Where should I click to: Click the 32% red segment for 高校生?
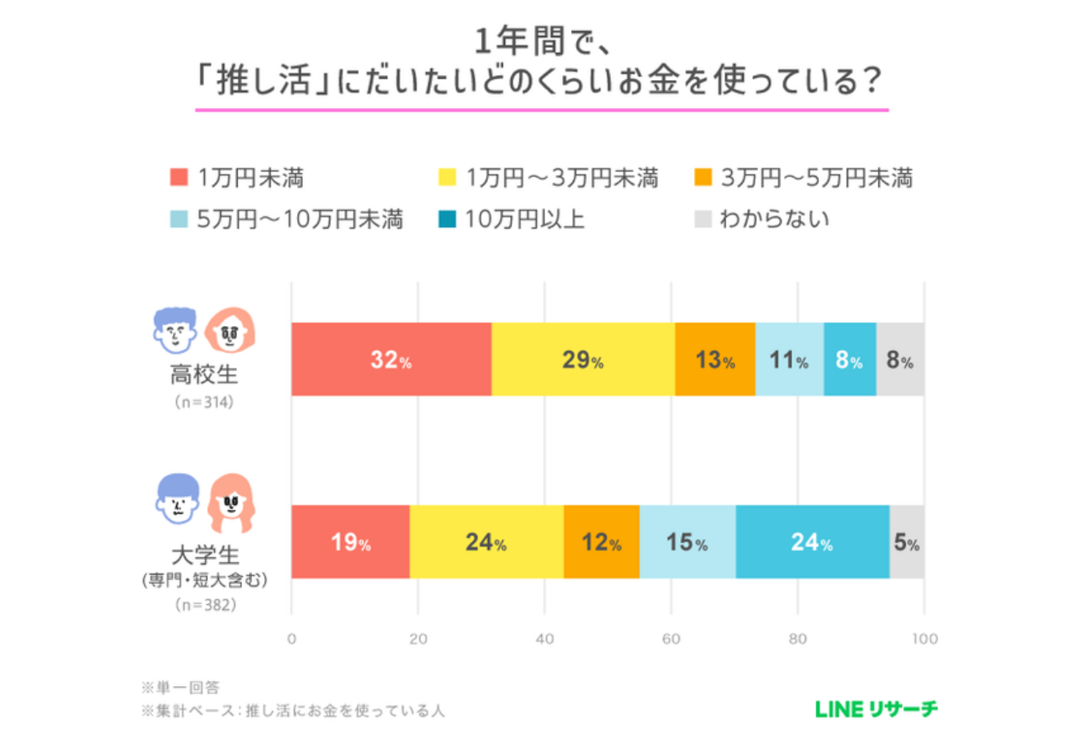pos(391,359)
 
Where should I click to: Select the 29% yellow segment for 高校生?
pos(583,359)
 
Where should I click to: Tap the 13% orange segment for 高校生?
pos(715,359)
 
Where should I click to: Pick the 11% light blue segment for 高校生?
pos(789,359)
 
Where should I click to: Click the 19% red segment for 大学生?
pos(350,542)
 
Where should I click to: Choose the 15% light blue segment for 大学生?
pos(687,542)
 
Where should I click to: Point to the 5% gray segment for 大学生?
pos(906,542)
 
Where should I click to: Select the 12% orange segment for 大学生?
pos(601,542)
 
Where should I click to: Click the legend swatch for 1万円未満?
pos(179,177)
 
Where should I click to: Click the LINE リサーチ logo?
pos(876,708)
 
